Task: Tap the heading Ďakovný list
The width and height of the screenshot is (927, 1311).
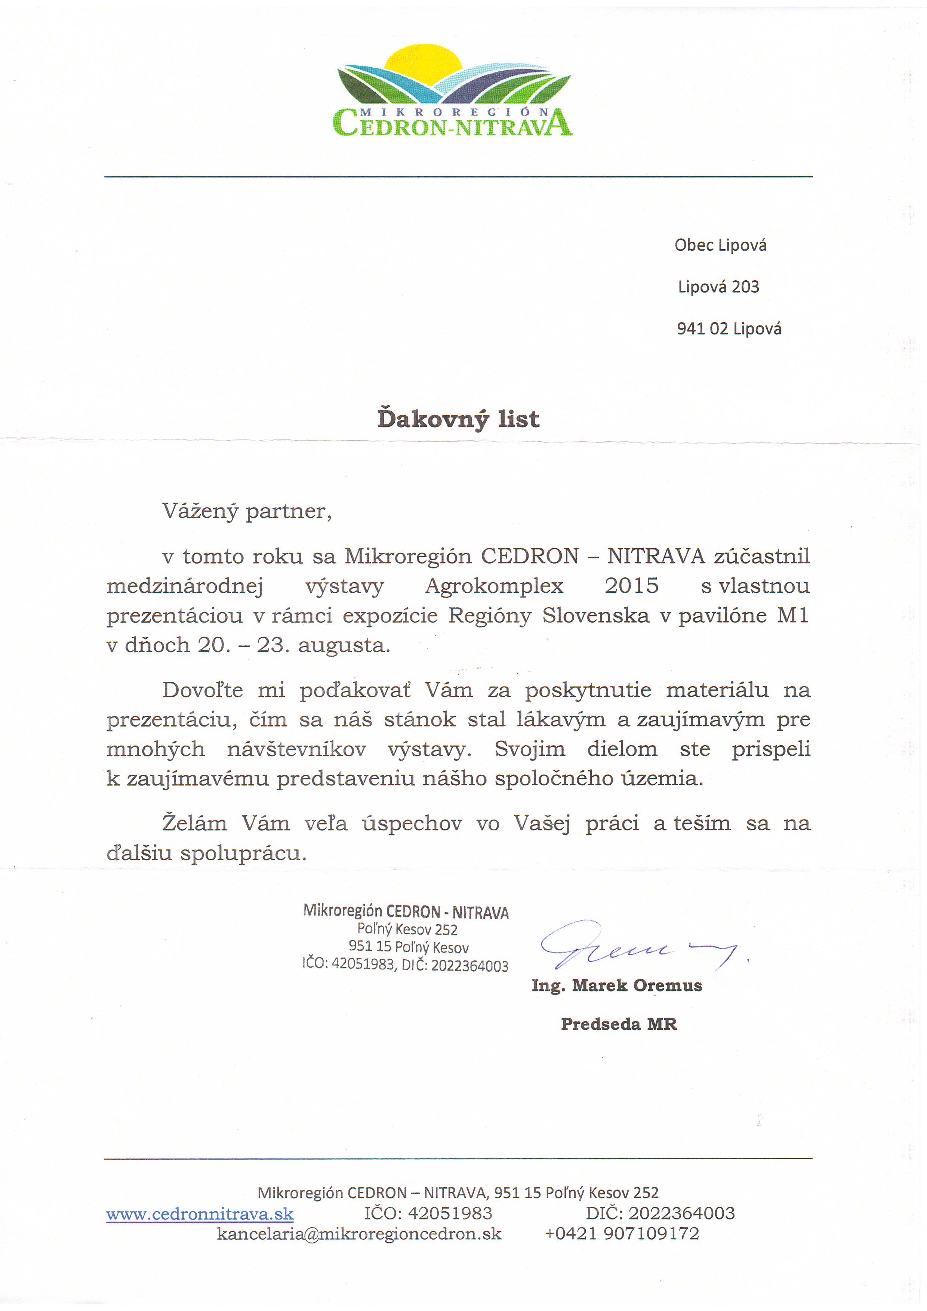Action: pyautogui.click(x=458, y=419)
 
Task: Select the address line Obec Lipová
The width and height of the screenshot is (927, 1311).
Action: pyautogui.click(x=720, y=245)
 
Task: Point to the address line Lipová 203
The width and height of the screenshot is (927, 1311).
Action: pyautogui.click(x=718, y=287)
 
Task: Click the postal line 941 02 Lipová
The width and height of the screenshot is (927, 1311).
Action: pyautogui.click(x=729, y=329)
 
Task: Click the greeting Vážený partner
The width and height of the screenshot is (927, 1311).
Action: pyautogui.click(x=247, y=511)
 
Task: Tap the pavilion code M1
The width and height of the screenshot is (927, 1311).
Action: pyautogui.click(x=793, y=616)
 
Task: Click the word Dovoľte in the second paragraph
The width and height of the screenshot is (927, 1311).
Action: pyautogui.click(x=203, y=690)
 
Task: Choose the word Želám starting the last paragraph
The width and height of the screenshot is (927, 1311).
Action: pyautogui.click(x=195, y=823)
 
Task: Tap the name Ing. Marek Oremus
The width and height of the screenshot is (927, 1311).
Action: pyautogui.click(x=617, y=985)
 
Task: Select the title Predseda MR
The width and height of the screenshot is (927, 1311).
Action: pyautogui.click(x=619, y=1024)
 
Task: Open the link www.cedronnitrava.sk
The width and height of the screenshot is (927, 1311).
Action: pyautogui.click(x=200, y=1213)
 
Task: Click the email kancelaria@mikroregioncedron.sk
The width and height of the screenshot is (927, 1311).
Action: pyautogui.click(x=359, y=1234)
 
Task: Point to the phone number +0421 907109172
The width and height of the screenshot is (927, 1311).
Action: pyautogui.click(x=622, y=1234)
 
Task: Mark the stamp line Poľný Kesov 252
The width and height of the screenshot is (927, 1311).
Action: pyautogui.click(x=407, y=929)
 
